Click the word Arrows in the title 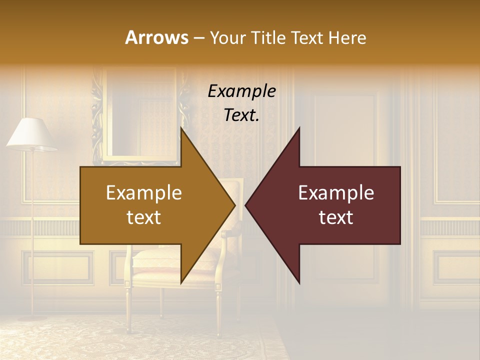(156, 37)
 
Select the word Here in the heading (347, 37)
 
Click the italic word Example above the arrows (241, 91)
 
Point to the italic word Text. (241, 115)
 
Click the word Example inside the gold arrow (144, 193)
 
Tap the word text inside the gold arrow (144, 217)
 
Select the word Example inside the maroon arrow (336, 193)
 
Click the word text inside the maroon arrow (336, 217)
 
